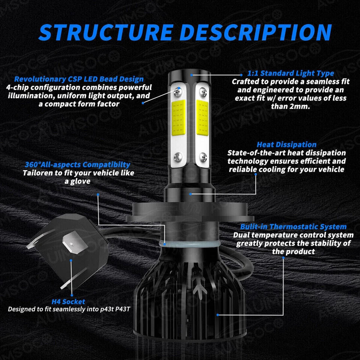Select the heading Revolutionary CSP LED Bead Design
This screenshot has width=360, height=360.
point(79,79)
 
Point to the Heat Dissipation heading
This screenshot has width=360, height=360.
point(286,144)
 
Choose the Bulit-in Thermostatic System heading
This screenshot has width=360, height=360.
point(293,226)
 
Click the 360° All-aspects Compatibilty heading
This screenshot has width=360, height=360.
point(78,164)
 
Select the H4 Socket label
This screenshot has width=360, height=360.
point(68,301)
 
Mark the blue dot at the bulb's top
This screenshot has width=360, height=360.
point(191,75)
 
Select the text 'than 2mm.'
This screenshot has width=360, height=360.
point(290,106)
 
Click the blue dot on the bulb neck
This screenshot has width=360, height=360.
point(191,194)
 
